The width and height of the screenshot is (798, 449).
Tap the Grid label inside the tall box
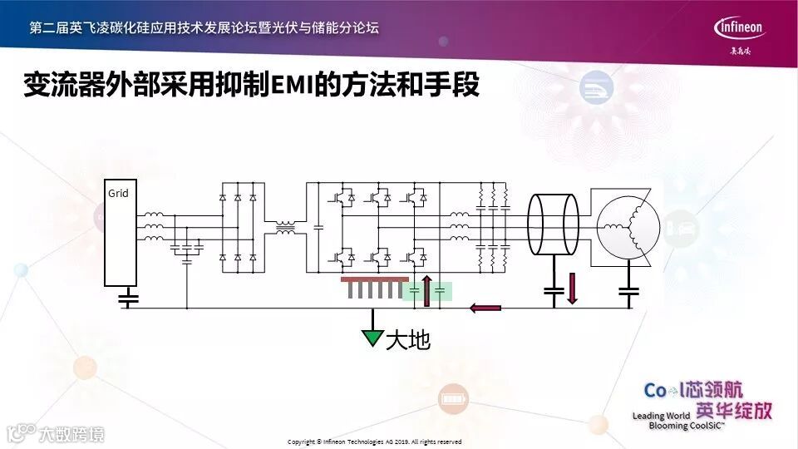click(x=118, y=194)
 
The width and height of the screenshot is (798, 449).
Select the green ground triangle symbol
click(x=372, y=337)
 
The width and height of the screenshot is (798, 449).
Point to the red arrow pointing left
click(x=485, y=308)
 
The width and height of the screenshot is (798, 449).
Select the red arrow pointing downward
click(x=571, y=289)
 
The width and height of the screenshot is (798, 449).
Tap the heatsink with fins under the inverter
click(x=374, y=288)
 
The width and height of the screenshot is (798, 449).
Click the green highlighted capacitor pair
click(x=427, y=291)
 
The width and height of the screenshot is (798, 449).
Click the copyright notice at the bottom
click(x=373, y=442)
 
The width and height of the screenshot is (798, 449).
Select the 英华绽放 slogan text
click(x=734, y=410)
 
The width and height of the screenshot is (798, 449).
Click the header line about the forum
click(x=204, y=27)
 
